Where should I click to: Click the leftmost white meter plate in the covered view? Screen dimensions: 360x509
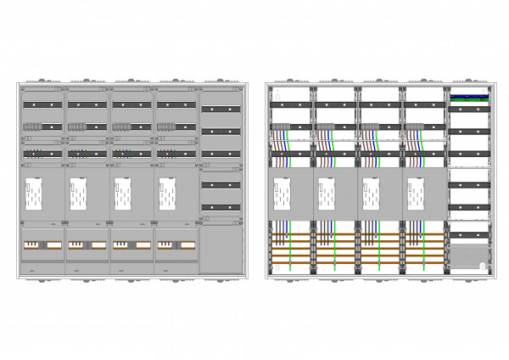(x=34, y=194)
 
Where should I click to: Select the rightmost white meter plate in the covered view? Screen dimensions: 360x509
(x=167, y=194)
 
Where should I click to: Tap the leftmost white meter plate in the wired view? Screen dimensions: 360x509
(x=282, y=194)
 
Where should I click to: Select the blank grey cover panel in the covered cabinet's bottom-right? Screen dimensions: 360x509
(x=220, y=249)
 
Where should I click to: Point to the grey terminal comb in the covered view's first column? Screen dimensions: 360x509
(x=31, y=127)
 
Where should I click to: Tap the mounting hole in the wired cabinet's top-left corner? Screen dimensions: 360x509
(x=271, y=88)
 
